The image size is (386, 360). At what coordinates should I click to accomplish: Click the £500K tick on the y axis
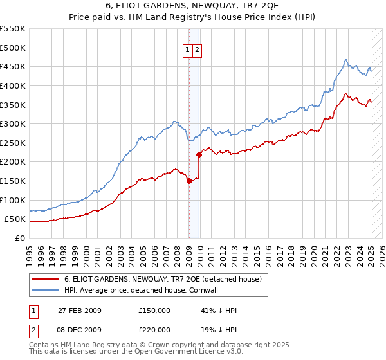[x=13, y=48]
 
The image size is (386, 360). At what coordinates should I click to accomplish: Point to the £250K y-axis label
[x=13, y=143]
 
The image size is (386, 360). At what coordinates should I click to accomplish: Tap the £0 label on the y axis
[x=21, y=238]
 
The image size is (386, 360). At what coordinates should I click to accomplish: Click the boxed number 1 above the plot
[x=188, y=51]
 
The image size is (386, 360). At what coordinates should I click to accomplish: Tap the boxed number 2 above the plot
[x=197, y=51]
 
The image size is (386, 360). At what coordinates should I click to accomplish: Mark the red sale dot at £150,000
[x=189, y=181]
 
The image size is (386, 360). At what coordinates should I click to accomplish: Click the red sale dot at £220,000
[x=199, y=154]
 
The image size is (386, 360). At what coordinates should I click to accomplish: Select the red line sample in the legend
[x=46, y=280]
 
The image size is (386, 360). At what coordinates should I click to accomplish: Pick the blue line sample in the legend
[x=46, y=290]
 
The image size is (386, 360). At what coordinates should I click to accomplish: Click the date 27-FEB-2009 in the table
[x=79, y=310]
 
